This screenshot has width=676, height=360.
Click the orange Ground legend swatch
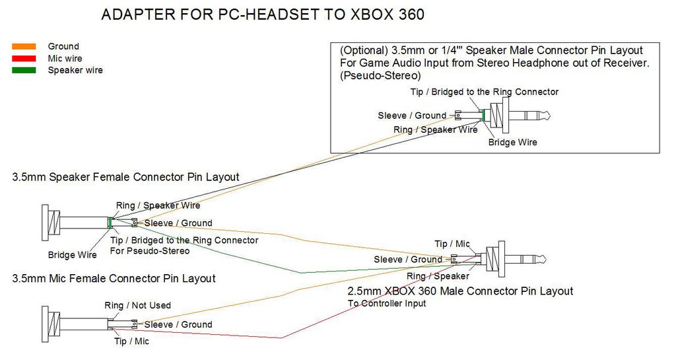click(24, 46)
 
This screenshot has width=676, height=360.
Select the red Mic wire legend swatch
click(24, 58)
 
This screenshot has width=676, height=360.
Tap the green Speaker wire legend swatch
click(24, 70)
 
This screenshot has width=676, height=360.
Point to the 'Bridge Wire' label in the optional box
click(512, 142)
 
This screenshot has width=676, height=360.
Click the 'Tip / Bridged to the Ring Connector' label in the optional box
click(484, 92)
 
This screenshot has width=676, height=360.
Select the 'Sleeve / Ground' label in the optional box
click(412, 116)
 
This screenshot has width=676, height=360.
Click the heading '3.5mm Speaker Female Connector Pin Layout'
click(125, 177)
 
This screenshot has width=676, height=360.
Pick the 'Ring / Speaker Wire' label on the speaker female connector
click(158, 205)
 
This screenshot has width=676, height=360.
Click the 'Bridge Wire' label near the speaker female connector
click(73, 255)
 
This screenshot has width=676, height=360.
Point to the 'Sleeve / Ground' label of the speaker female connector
click(178, 223)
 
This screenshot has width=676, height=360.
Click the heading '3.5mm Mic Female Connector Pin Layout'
click(114, 279)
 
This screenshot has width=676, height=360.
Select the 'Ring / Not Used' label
click(137, 305)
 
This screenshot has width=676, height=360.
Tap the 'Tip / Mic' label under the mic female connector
click(131, 342)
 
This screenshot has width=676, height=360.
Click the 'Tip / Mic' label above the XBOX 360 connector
click(452, 244)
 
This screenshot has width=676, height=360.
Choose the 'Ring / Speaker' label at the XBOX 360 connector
click(438, 276)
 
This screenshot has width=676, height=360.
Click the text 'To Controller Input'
click(387, 303)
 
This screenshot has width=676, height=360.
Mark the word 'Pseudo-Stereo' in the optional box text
click(380, 76)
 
